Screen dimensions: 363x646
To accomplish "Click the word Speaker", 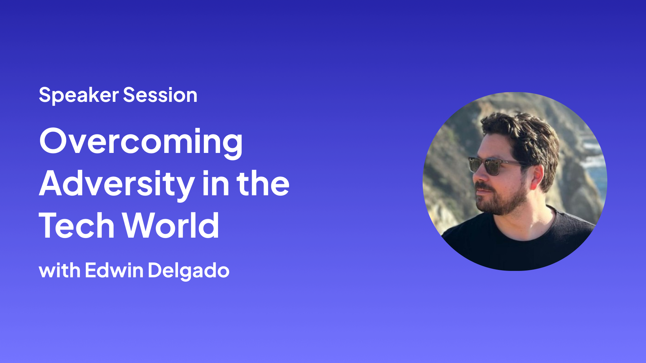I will [x=79, y=95].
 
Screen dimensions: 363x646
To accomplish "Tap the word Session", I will [x=160, y=95].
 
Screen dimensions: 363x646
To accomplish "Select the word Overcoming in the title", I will [x=141, y=142].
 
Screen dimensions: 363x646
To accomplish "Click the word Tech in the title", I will [x=77, y=226].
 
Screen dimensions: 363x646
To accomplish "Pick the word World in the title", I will [x=171, y=226].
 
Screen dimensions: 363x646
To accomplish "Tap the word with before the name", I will [x=60, y=270].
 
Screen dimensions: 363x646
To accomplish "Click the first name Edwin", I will [x=114, y=270].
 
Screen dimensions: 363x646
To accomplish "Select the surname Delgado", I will [x=188, y=271].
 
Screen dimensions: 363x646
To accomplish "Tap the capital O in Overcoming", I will [x=54, y=141].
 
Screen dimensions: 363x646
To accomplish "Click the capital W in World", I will [x=138, y=226].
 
